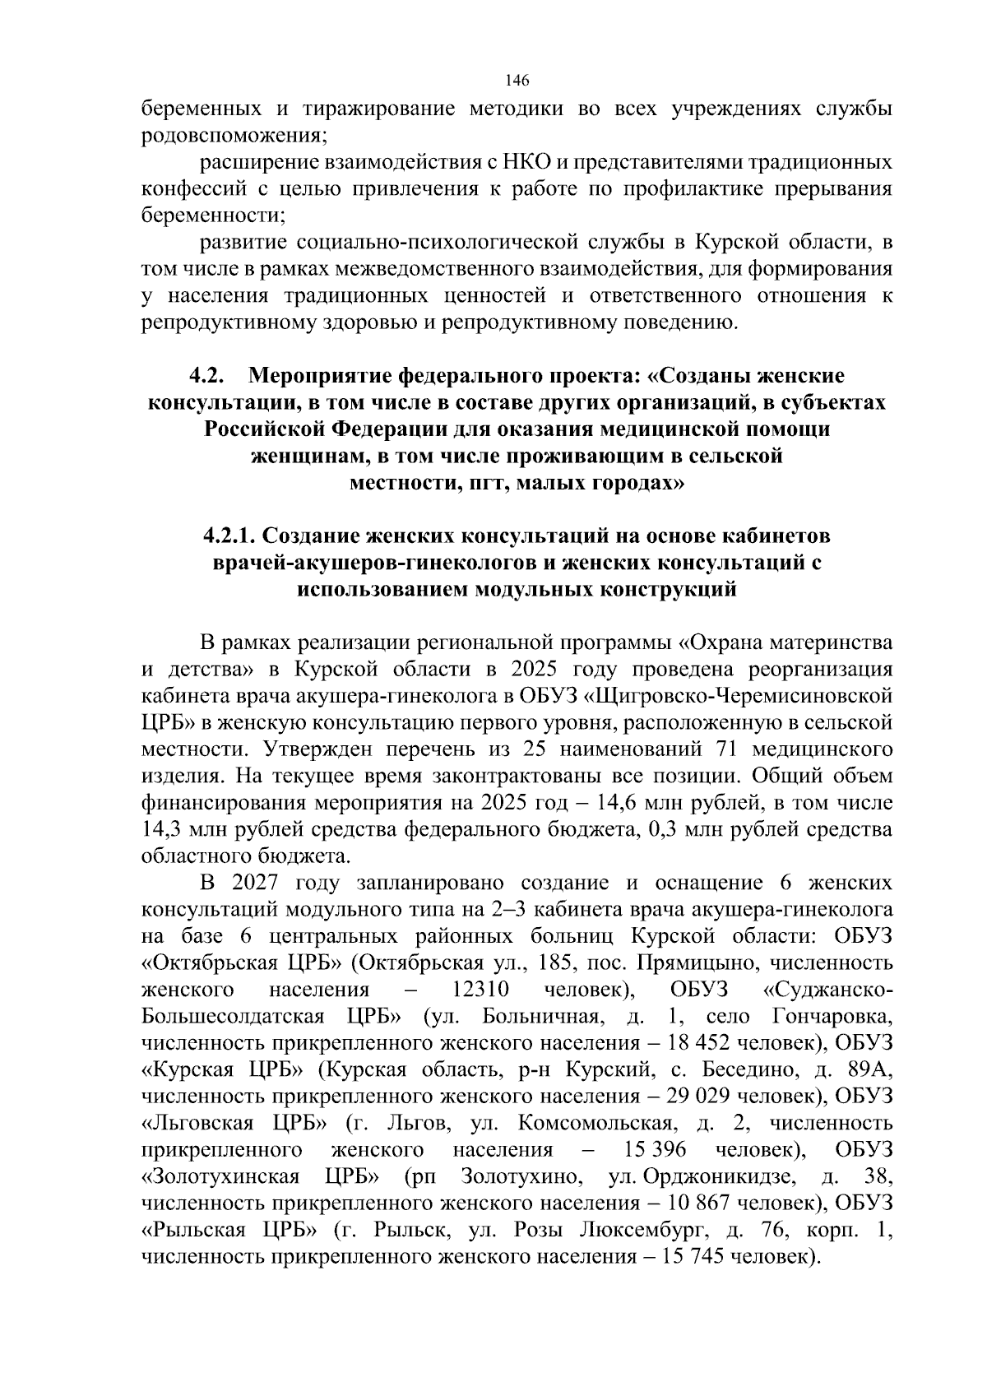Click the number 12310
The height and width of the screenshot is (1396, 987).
click(481, 989)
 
